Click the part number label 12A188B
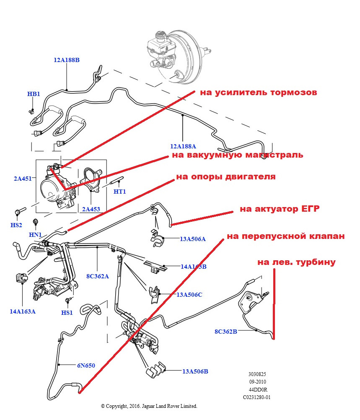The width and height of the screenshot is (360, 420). point(66,60)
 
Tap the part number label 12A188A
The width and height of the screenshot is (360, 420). point(183,146)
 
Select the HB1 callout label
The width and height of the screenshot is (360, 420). point(34,94)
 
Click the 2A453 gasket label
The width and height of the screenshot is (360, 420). point(91,209)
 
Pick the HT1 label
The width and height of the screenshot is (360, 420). point(119,191)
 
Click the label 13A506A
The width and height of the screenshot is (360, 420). point(193,239)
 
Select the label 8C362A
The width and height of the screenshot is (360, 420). point(97,276)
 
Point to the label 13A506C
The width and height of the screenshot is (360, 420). point(189,295)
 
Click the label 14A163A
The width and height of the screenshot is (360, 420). point(23,311)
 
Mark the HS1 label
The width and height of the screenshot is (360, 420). point(67,312)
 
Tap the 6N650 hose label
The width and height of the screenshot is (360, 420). point(86,366)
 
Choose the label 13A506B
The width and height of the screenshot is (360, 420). point(195,371)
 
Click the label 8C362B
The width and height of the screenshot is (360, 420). point(226,332)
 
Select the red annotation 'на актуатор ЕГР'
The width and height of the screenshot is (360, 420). point(280,209)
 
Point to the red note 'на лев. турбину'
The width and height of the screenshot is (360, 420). point(296,262)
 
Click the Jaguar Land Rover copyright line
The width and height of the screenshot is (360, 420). point(149,406)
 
